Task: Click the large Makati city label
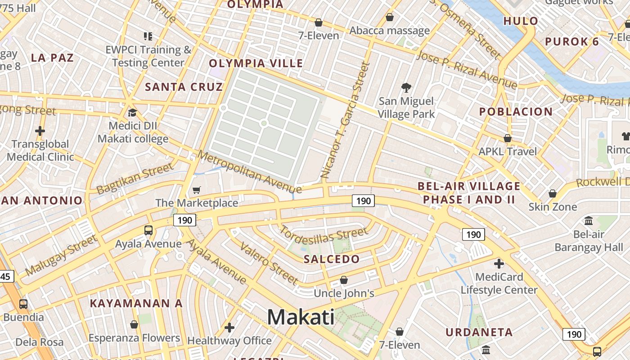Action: tap(301, 317)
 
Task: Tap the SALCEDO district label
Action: tap(332, 259)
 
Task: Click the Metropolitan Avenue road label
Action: tap(250, 172)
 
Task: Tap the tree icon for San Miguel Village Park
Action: tap(406, 87)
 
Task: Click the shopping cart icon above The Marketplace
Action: tap(196, 190)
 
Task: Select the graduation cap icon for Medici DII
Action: tap(132, 112)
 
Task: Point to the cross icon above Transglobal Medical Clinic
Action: tap(40, 131)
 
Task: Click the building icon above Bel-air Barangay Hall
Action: tap(589, 220)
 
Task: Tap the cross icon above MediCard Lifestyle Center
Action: tap(499, 263)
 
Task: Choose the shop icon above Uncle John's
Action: tap(344, 280)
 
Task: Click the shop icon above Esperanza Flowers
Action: tap(134, 324)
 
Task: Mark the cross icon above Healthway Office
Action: tap(229, 327)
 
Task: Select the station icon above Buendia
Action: tap(23, 304)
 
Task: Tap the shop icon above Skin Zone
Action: tap(553, 193)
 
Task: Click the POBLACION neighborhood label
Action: tap(516, 112)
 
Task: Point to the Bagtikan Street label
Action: tap(135, 178)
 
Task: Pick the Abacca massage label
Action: tap(390, 31)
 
